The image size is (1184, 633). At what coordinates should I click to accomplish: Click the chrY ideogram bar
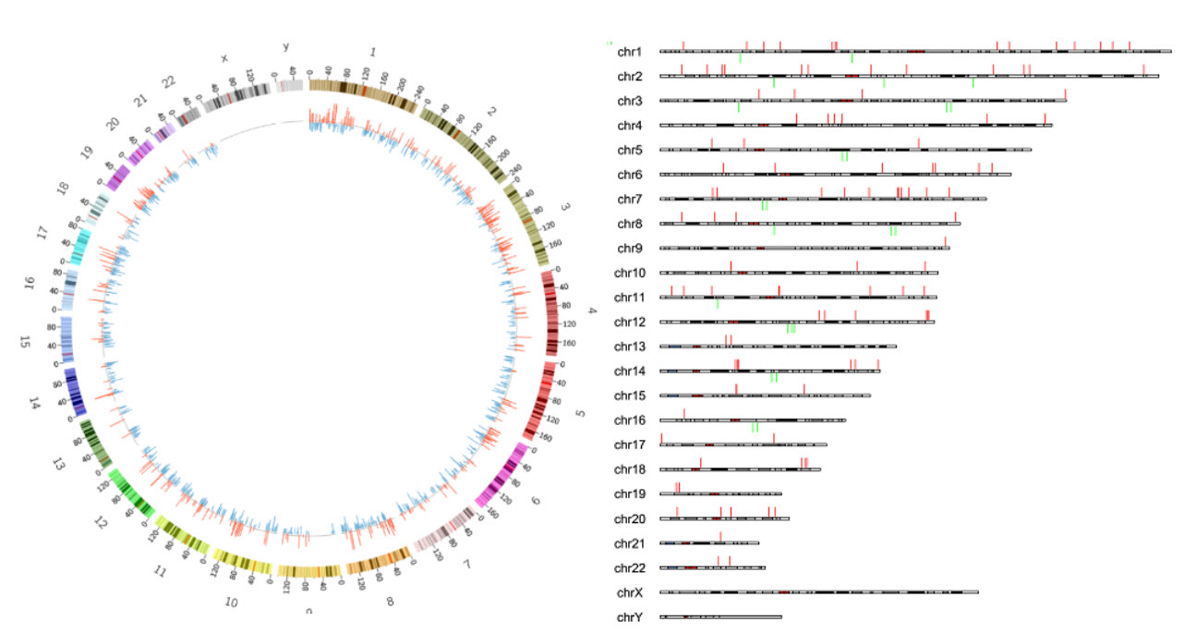[x=720, y=616]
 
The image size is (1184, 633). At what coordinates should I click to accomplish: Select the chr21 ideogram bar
[x=709, y=543]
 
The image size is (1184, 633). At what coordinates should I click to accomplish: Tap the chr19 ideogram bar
[x=720, y=494]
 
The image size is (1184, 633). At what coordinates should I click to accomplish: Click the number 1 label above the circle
[x=373, y=52]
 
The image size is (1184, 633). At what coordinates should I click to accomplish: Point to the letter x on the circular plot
[x=224, y=58]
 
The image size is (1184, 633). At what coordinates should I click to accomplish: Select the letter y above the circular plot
[x=285, y=47]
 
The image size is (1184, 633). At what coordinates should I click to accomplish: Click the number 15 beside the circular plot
[x=25, y=342]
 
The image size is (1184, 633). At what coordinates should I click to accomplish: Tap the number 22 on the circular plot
[x=168, y=82]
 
